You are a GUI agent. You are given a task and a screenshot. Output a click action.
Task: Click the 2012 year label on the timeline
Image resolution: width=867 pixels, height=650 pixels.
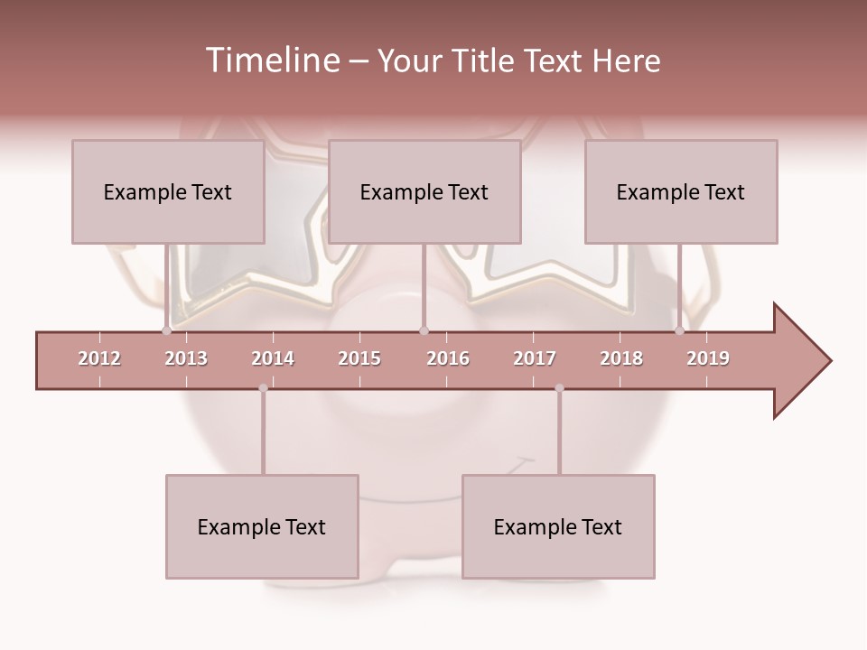[x=99, y=358]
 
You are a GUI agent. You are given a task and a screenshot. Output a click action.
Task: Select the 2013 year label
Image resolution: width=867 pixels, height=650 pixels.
[x=186, y=358]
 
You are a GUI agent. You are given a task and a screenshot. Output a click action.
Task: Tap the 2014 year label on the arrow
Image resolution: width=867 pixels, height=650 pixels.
[x=273, y=358]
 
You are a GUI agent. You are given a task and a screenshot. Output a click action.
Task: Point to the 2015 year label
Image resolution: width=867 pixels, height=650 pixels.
[x=359, y=358]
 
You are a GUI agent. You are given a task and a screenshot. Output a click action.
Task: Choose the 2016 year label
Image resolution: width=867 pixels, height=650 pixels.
[x=448, y=358]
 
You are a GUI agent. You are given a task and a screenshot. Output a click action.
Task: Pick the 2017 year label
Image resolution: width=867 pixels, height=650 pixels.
[x=535, y=358]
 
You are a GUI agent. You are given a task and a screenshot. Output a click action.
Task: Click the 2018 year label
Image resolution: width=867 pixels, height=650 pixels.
[x=621, y=358]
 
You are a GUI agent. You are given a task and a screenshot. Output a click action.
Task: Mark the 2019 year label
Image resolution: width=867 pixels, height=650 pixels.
[x=708, y=358]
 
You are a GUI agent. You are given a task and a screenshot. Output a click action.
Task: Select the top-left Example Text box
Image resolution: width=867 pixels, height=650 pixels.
[x=168, y=191]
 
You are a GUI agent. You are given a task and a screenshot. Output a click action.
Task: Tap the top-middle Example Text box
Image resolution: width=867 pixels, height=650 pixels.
[x=424, y=191]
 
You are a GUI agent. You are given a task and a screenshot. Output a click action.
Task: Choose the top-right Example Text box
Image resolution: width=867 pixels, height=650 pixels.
[x=681, y=191]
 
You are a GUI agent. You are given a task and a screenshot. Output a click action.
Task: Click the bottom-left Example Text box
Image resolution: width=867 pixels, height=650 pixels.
[x=262, y=526]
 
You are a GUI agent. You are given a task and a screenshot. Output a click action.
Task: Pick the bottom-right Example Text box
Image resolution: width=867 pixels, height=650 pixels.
[x=558, y=526]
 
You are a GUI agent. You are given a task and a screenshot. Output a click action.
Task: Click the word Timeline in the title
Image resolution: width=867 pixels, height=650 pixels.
[x=270, y=60]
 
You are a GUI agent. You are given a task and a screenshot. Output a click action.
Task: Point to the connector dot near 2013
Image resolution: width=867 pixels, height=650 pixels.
[x=166, y=331]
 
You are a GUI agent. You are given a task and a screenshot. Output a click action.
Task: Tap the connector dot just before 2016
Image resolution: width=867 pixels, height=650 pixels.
[x=424, y=331]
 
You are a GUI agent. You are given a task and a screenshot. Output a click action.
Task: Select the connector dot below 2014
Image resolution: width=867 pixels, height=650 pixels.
[x=263, y=388]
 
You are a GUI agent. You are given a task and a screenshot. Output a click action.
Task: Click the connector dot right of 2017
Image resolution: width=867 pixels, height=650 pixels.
[x=559, y=388]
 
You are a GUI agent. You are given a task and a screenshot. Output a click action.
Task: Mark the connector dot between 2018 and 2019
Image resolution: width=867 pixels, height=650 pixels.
[x=680, y=331]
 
